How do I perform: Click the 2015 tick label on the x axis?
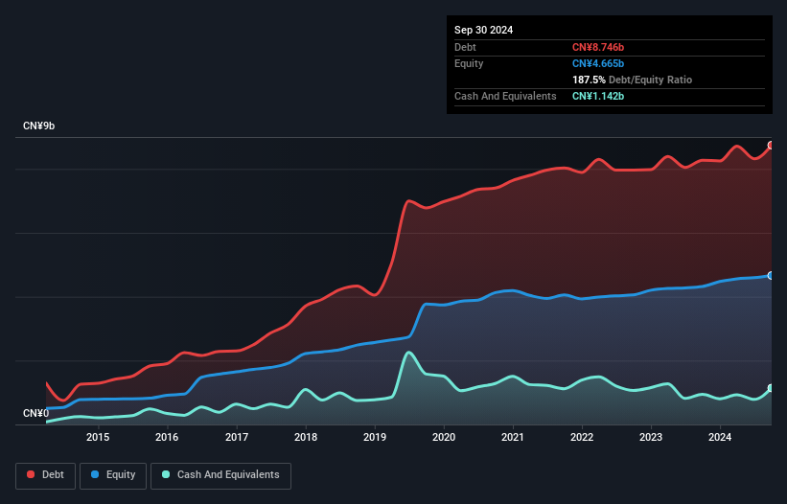[x=97, y=438]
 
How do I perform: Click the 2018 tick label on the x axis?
[x=306, y=438]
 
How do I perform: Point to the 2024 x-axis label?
[x=721, y=438]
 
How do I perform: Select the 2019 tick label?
[x=375, y=438]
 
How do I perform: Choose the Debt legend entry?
[x=45, y=475]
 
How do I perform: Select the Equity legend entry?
[x=113, y=475]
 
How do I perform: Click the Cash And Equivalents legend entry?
[x=220, y=475]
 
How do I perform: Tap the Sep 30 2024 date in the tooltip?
[x=483, y=30]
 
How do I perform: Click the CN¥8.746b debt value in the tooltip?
[x=598, y=47]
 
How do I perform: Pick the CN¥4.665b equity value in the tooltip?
[x=598, y=63]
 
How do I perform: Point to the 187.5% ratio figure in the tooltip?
[x=590, y=80]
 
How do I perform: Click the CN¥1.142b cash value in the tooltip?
[x=598, y=97]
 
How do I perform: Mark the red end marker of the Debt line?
[x=771, y=146]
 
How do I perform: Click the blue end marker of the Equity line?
[x=771, y=275]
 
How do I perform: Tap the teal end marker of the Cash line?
[x=771, y=388]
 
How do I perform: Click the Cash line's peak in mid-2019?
[x=409, y=353]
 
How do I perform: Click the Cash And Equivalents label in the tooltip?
[x=505, y=97]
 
